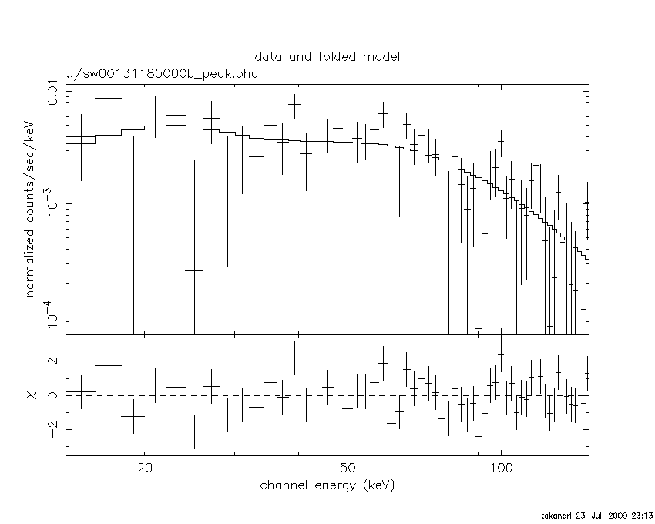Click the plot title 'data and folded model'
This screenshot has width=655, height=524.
(x=327, y=57)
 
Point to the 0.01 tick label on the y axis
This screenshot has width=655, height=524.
(x=55, y=92)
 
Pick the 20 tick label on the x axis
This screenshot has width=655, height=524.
(x=145, y=469)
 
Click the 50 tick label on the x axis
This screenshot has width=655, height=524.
(x=348, y=469)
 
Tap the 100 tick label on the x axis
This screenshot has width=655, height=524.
(x=501, y=469)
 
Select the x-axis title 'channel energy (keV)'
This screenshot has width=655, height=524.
(x=327, y=485)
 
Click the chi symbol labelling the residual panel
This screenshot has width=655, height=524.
(x=32, y=395)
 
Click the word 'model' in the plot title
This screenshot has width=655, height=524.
(x=383, y=57)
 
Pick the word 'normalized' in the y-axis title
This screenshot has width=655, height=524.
(x=32, y=261)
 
